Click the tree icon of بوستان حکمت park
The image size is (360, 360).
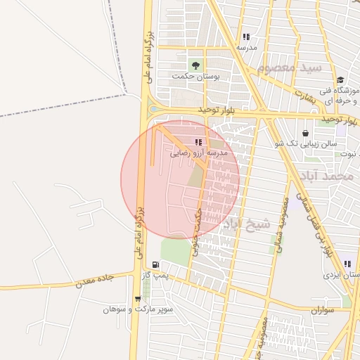pyautogui.click(x=195, y=65)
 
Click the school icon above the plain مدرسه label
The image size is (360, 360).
pyautogui.click(x=245, y=37)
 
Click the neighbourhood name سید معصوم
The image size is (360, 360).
pyautogui.click(x=289, y=69)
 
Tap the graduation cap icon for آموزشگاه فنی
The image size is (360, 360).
pyautogui.click(x=341, y=80)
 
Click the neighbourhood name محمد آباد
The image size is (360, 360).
pyautogui.click(x=333, y=176)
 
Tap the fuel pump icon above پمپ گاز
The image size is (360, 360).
pyautogui.click(x=155, y=266)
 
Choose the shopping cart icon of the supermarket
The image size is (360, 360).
pyautogui.click(x=146, y=299)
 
